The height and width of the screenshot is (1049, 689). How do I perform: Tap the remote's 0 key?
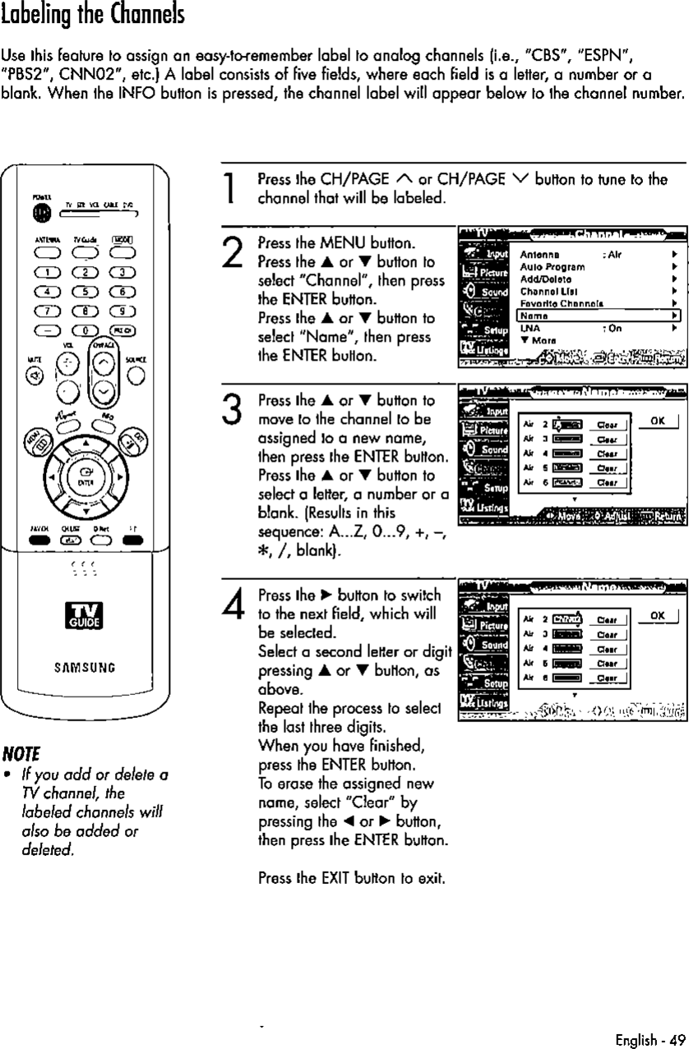point(85,331)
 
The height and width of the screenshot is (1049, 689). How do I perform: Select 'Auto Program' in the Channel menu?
point(542,266)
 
